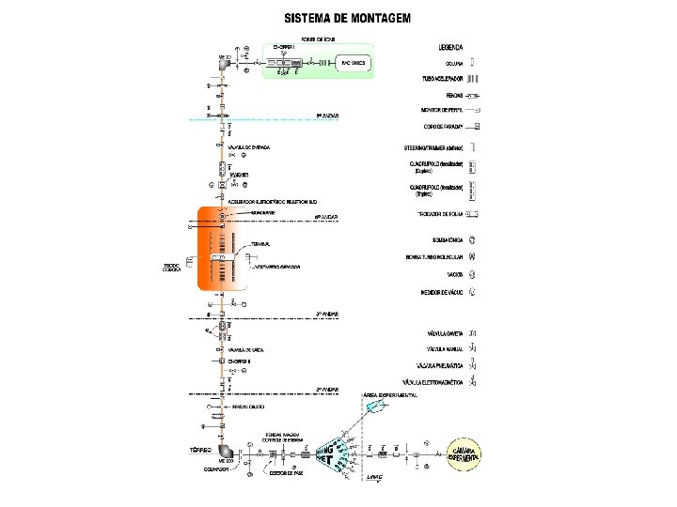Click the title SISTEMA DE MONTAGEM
point(347,19)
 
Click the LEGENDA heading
point(450,45)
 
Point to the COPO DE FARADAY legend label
point(447,125)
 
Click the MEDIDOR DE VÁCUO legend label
point(437,293)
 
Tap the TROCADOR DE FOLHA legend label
point(438,214)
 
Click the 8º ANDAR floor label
point(326,115)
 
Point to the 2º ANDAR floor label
point(326,388)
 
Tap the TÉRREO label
point(198,450)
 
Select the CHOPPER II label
point(241,360)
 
